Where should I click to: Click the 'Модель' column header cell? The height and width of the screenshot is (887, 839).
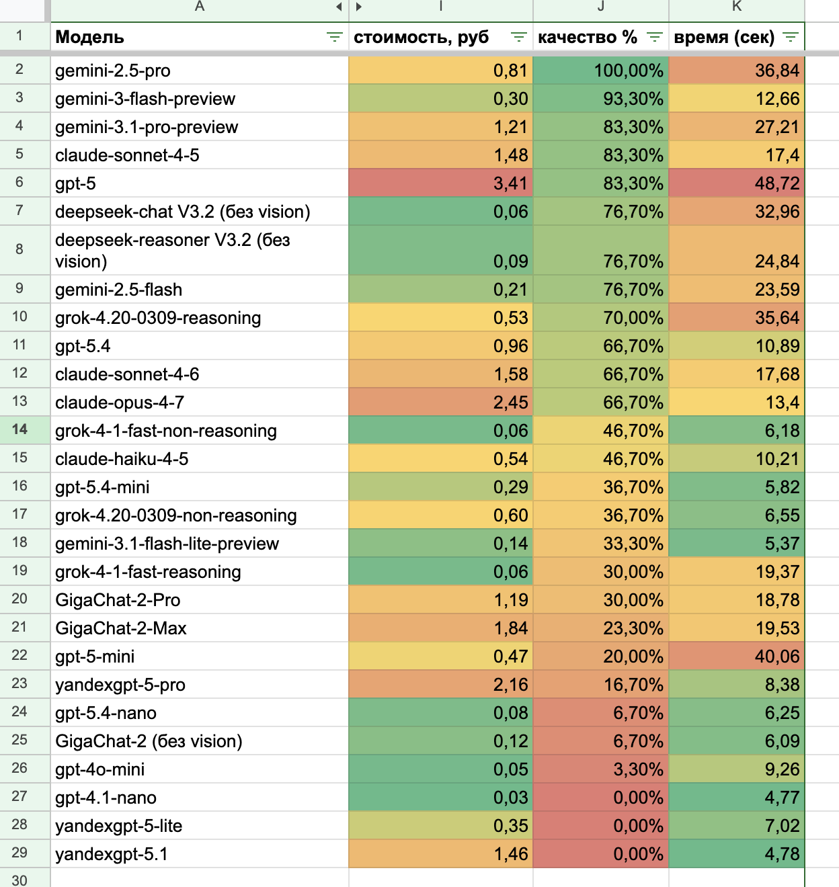[x=89, y=38]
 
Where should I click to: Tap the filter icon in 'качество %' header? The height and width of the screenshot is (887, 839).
[x=654, y=38]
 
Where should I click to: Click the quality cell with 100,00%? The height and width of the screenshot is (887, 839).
[x=628, y=71]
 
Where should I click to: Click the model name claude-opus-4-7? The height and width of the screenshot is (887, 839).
[x=120, y=403]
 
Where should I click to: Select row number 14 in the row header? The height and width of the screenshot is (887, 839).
[x=19, y=430]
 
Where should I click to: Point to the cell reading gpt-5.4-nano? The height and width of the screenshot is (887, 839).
[x=106, y=713]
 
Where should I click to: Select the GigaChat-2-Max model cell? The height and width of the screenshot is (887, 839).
[x=121, y=628]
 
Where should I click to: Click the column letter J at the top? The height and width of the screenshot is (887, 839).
[x=600, y=7]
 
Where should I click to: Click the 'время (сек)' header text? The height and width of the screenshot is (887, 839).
[x=723, y=38]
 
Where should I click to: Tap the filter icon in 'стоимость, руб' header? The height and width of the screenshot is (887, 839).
[x=518, y=38]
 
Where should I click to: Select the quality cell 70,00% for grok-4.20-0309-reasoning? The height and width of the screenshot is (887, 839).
[x=633, y=318]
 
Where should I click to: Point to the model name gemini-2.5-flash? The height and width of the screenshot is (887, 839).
[x=118, y=290]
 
